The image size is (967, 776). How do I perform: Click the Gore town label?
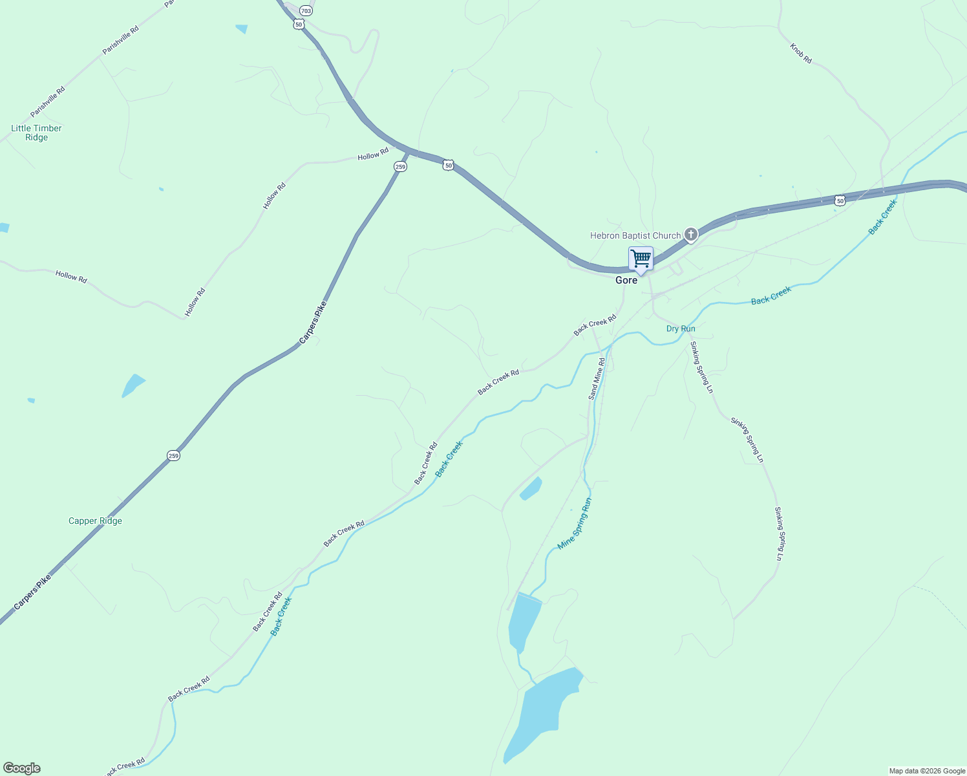pos(626,280)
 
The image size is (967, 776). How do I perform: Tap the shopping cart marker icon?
pos(641,259)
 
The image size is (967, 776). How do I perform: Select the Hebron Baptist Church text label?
pos(635,235)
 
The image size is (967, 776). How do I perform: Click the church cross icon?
pos(691,234)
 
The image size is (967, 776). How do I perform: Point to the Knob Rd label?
pos(800,53)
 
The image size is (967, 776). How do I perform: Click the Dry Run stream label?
pos(681,329)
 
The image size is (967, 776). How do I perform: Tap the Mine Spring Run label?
pos(575,524)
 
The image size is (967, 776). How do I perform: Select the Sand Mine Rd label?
pos(597,379)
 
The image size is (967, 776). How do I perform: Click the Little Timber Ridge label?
pos(37,133)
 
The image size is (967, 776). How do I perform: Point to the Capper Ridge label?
pos(95,521)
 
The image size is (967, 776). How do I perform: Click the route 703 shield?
pos(306,11)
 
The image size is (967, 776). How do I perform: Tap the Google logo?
pos(22,768)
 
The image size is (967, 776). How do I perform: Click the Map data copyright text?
pos(927,771)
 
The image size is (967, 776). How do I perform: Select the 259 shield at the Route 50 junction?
pos(400,167)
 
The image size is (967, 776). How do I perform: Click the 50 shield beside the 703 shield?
pos(297,24)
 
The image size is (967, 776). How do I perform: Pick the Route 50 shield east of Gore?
pos(840,201)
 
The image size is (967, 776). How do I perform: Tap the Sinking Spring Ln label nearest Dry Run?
pos(701,367)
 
